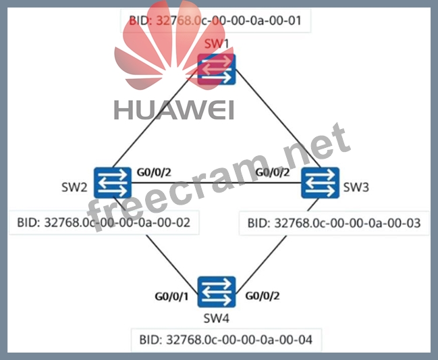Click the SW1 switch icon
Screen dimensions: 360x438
pyautogui.click(x=216, y=69)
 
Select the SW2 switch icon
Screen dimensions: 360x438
pyautogui.click(x=113, y=182)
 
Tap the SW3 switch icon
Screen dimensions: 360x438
pyautogui.click(x=320, y=182)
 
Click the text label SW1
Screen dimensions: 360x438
pyautogui.click(x=217, y=45)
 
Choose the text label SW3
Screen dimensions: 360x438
pyautogui.click(x=356, y=186)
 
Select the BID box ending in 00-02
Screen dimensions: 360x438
pyautogui.click(x=104, y=222)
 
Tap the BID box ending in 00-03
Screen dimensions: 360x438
pyautogui.click(x=334, y=222)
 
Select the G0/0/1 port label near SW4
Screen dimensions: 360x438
pyautogui.click(x=171, y=295)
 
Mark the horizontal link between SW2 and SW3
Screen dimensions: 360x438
pyautogui.click(x=216, y=182)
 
